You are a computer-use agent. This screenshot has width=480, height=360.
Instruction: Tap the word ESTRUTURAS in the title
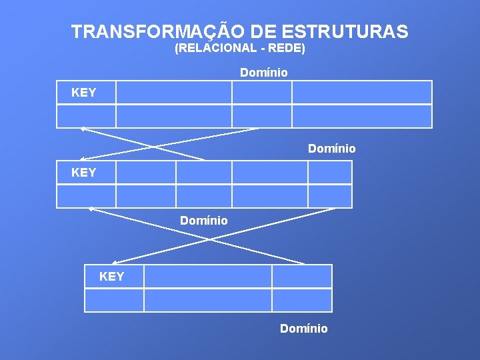(x=345, y=31)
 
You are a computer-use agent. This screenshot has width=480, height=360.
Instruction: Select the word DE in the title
(x=265, y=31)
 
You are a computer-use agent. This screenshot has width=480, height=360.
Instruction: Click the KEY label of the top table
(x=84, y=93)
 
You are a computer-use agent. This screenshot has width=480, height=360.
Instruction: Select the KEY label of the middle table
(x=84, y=173)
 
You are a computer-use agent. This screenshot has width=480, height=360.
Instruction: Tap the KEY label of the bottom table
(x=112, y=276)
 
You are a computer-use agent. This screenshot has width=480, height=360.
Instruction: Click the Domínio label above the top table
(x=264, y=72)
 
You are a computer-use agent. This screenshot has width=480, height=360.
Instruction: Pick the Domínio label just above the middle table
(x=332, y=148)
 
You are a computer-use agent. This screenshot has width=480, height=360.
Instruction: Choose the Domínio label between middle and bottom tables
(x=204, y=220)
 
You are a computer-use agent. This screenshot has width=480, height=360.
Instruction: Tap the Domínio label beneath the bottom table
(x=304, y=328)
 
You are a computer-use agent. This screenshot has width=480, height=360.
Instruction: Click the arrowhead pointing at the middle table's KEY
(x=82, y=159)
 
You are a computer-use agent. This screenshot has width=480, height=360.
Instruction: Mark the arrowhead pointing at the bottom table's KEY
(x=114, y=263)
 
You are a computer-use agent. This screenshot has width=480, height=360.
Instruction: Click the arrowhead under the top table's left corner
(x=82, y=128)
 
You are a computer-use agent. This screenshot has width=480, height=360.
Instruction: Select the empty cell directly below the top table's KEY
(x=86, y=116)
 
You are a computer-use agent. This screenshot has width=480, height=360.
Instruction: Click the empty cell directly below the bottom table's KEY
(x=114, y=300)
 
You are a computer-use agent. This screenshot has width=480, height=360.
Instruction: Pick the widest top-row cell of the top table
(x=362, y=93)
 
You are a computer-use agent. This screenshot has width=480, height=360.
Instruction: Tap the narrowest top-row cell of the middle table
(x=329, y=173)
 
